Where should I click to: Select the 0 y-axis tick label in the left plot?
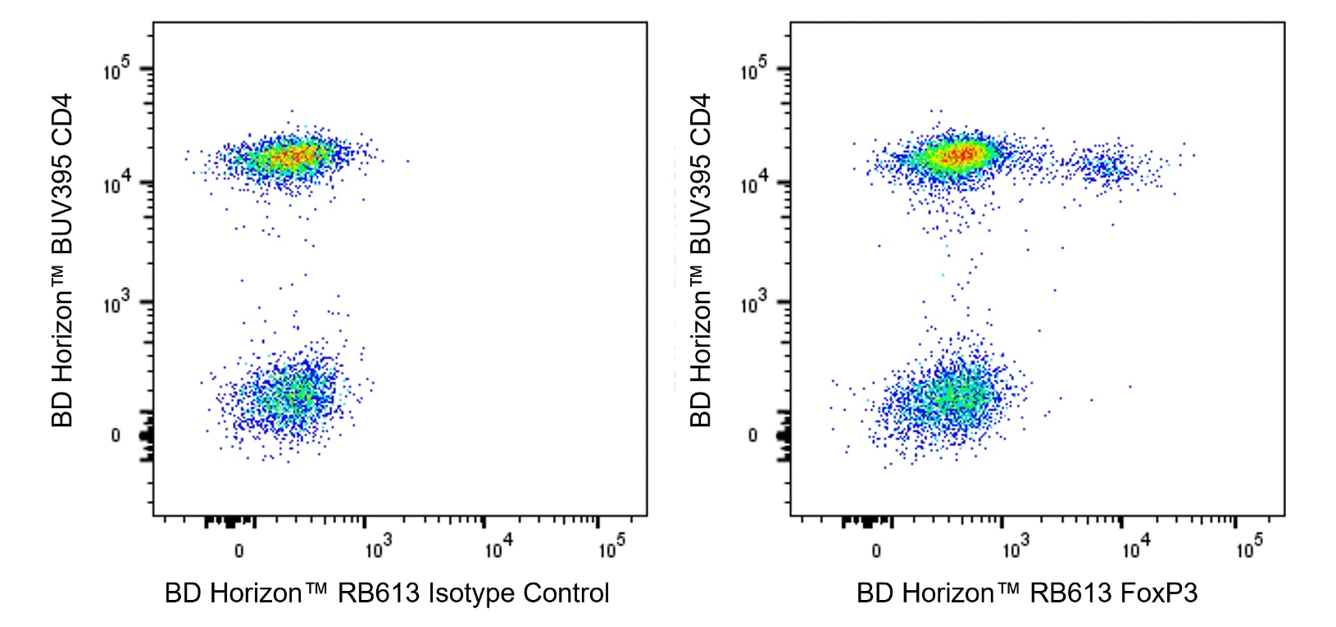[116, 435]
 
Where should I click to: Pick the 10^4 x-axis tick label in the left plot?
[497, 547]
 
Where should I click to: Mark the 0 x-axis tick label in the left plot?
[239, 550]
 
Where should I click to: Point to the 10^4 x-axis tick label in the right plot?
[1134, 547]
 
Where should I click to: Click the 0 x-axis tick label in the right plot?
[876, 550]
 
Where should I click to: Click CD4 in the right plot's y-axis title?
[700, 120]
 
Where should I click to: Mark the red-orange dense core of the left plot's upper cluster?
[295, 155]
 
